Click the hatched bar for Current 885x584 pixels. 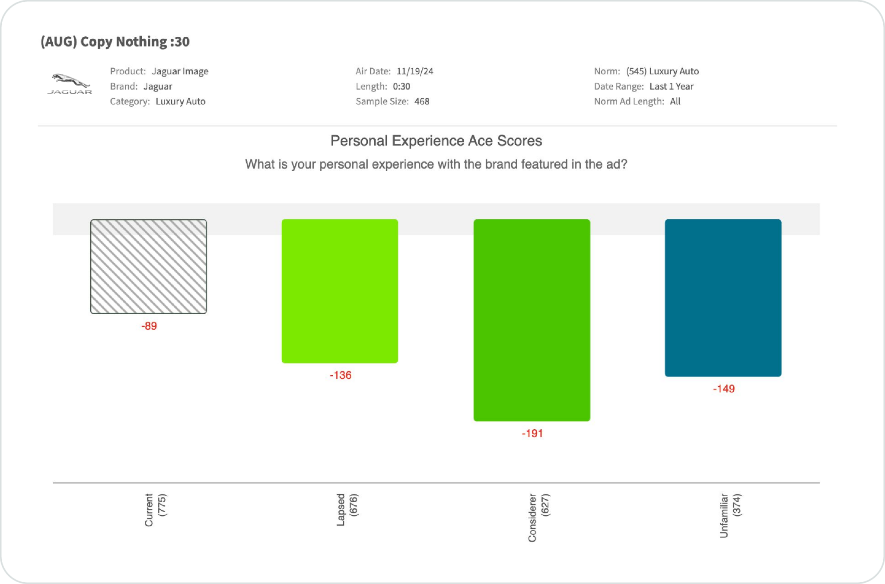point(148,266)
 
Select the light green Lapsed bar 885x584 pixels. point(340,291)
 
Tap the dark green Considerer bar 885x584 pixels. point(532,320)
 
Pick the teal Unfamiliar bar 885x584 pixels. point(723,297)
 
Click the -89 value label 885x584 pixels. point(149,326)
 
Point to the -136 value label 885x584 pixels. point(341,375)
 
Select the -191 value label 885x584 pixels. point(532,434)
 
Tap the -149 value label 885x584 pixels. point(724,389)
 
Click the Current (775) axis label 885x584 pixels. point(155,510)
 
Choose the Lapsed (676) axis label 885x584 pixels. point(347,510)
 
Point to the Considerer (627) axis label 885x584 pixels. point(538,517)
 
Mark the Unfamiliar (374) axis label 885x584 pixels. point(730,515)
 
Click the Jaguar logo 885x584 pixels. point(69,84)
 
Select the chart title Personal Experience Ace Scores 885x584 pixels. point(436,141)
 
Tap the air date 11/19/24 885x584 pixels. point(415,71)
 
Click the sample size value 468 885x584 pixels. point(422,102)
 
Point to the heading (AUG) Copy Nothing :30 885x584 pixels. point(115,41)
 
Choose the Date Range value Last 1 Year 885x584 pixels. point(671,86)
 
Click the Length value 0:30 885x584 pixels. point(401,86)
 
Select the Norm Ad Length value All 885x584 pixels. point(675,102)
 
